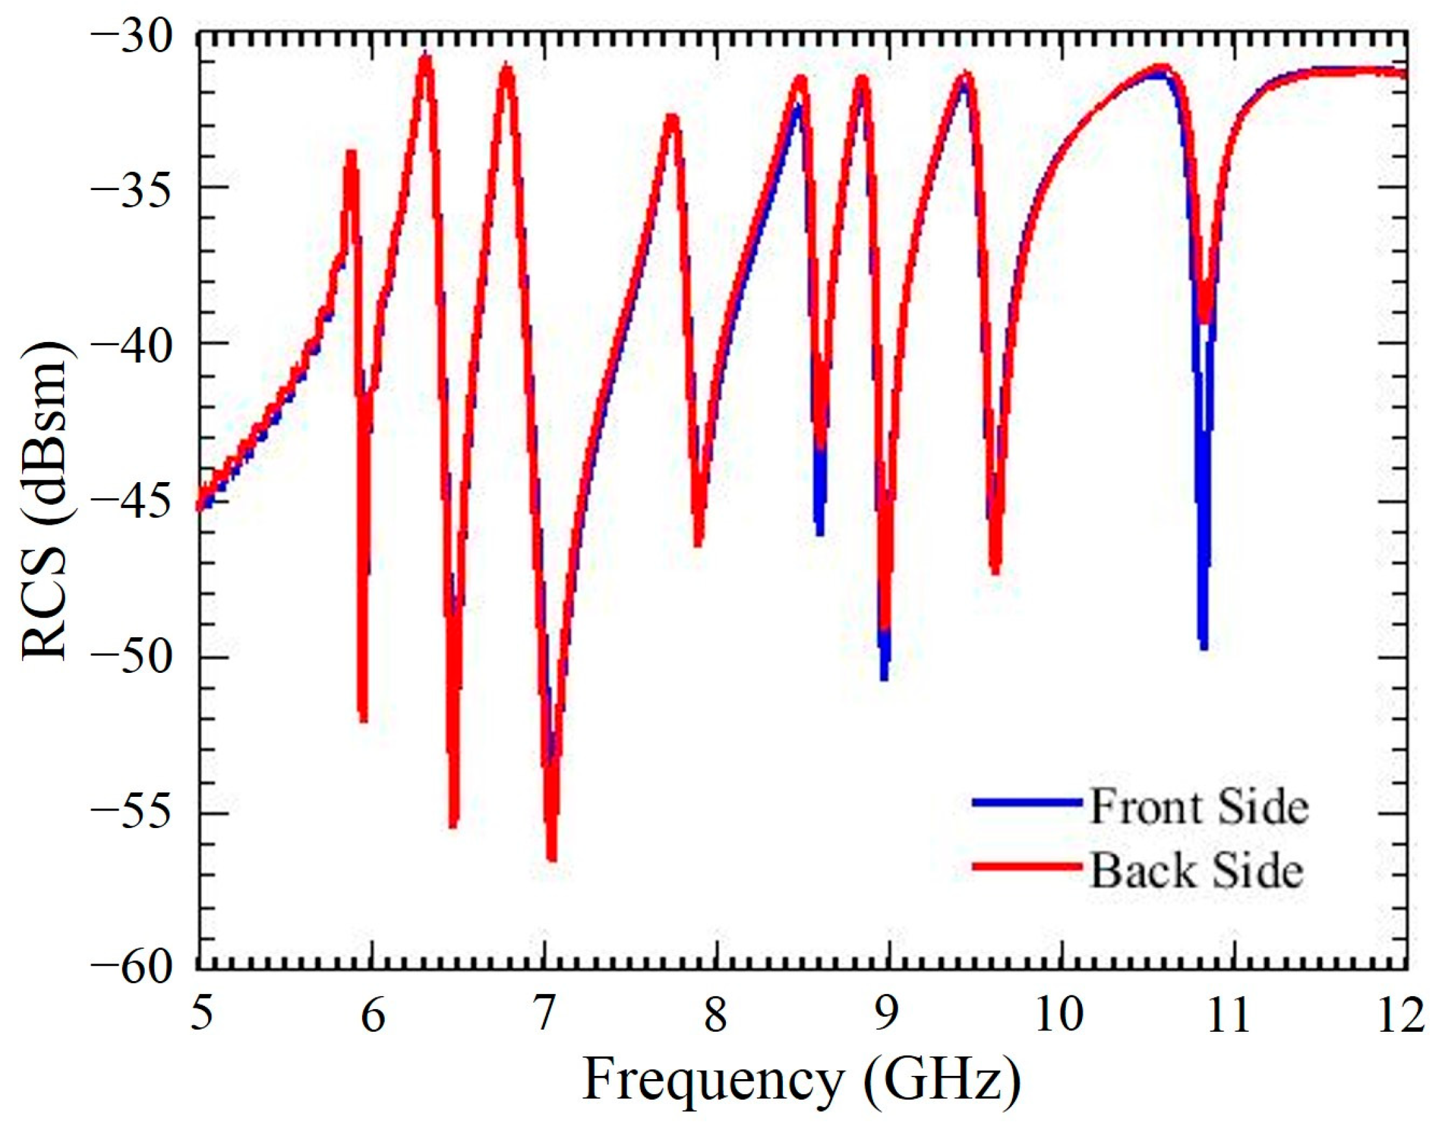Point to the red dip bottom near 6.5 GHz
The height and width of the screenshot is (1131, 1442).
pos(453,823)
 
